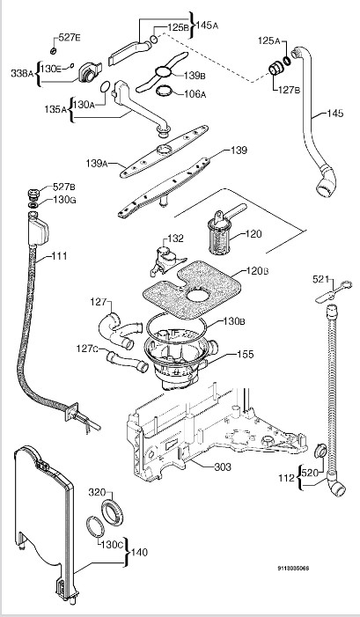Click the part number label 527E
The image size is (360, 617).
pyautogui.click(x=70, y=38)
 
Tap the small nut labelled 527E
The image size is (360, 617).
pyautogui.click(x=54, y=50)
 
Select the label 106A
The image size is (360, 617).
pyautogui.click(x=195, y=94)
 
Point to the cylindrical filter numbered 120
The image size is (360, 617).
pyautogui.click(x=219, y=234)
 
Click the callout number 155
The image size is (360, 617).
pyautogui.click(x=245, y=354)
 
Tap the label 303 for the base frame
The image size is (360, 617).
pyautogui.click(x=223, y=467)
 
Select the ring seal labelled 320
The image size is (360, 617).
pyautogui.click(x=112, y=513)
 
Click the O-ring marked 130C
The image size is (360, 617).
pyautogui.click(x=95, y=527)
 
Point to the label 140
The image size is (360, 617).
pyautogui.click(x=139, y=553)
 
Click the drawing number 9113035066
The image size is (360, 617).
pyautogui.click(x=293, y=569)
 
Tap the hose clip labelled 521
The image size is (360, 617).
pyautogui.click(x=333, y=292)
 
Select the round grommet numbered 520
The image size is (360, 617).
pyautogui.click(x=320, y=450)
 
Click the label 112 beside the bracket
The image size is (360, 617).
pyautogui.click(x=286, y=479)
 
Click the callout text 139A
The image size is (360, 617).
pyautogui.click(x=97, y=163)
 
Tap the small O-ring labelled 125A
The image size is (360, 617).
pyautogui.click(x=287, y=61)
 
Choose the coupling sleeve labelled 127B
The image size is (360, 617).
pyautogui.click(x=276, y=70)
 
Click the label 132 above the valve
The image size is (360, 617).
pyautogui.click(x=175, y=238)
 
